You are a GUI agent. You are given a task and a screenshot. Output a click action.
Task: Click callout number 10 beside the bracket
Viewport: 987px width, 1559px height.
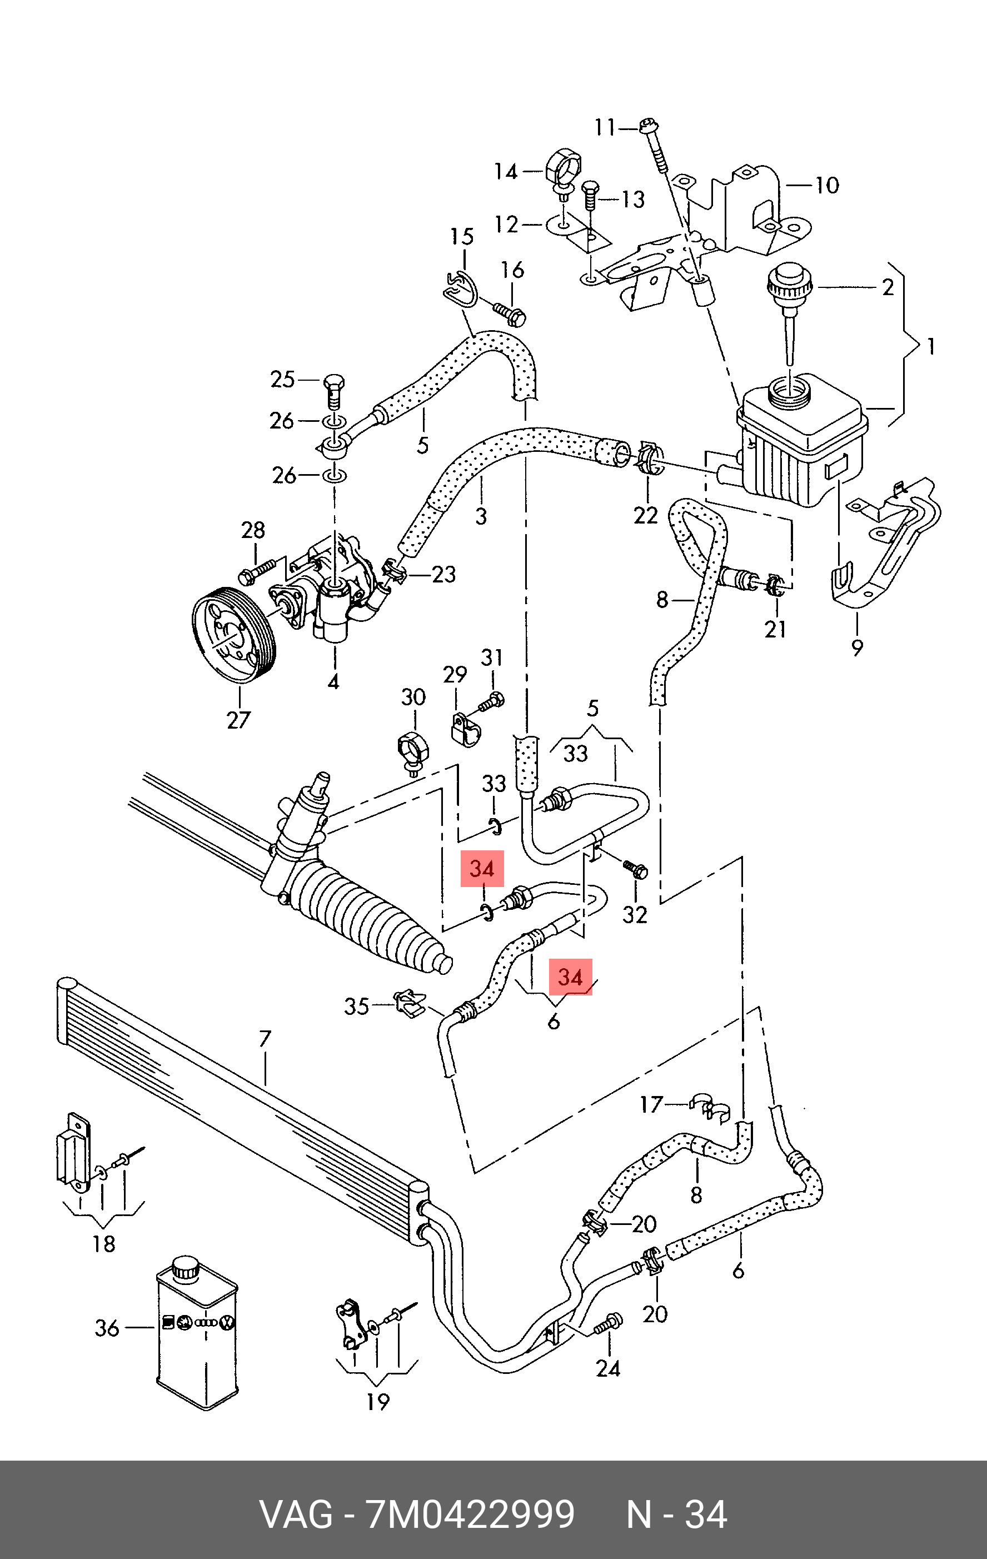pos(826,185)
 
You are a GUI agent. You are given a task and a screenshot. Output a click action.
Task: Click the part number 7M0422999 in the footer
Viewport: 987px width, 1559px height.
pos(471,1515)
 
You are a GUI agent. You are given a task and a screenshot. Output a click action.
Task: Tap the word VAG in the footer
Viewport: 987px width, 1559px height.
pos(296,1515)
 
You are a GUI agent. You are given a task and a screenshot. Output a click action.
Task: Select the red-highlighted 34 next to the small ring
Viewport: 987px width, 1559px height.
pos(481,868)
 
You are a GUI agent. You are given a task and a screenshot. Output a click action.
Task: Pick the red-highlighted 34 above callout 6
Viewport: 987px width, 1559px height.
pos(570,977)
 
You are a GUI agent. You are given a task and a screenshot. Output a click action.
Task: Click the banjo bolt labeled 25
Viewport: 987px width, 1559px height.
pos(333,390)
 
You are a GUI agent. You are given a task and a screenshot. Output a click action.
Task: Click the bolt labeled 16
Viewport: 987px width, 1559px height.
pos(511,313)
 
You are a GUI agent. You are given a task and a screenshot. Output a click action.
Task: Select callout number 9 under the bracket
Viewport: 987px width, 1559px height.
pos(857,647)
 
